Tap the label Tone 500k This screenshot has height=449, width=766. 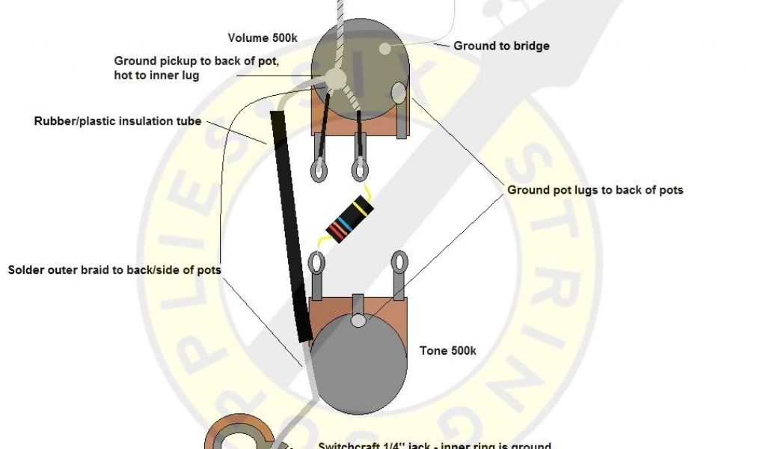pyautogui.click(x=447, y=350)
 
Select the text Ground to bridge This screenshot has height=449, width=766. pyautogui.click(x=501, y=46)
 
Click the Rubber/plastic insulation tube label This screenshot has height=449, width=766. pyautogui.click(x=117, y=120)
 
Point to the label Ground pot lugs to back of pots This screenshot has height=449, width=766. pyautogui.click(x=595, y=190)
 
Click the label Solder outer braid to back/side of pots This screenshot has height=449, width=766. pyautogui.click(x=114, y=269)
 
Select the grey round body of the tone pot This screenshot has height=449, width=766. pyautogui.click(x=359, y=367)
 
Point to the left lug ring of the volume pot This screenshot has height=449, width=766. pyautogui.click(x=319, y=169)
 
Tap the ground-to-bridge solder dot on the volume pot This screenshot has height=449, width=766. pyautogui.click(x=384, y=49)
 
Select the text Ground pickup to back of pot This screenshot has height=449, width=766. pyautogui.click(x=196, y=61)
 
